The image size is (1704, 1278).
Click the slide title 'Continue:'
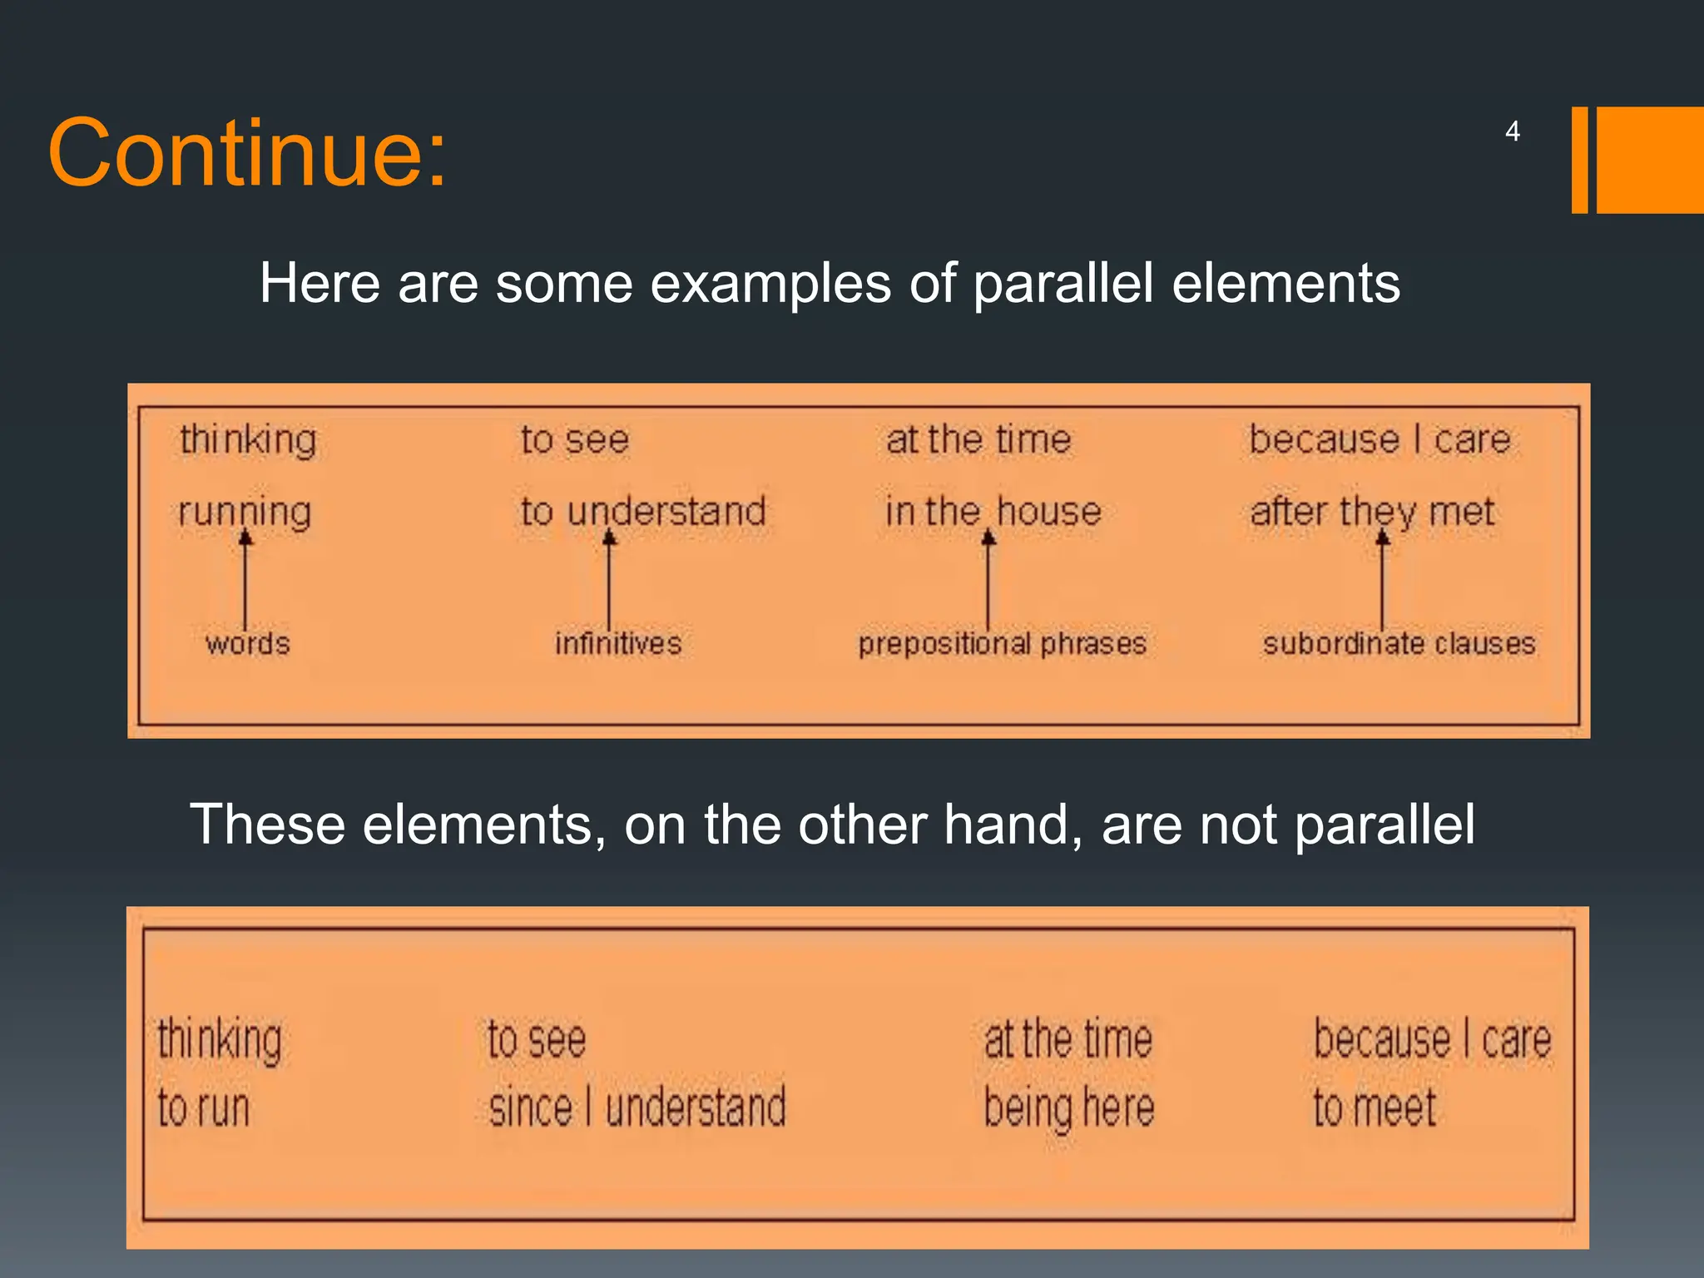pyautogui.click(x=247, y=154)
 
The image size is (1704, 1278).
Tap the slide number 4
pyautogui.click(x=1512, y=131)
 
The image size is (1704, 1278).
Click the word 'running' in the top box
pyautogui.click(x=245, y=511)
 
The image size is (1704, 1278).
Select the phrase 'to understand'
pyautogui.click(x=643, y=511)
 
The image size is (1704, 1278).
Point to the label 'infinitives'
pyautogui.click(x=618, y=643)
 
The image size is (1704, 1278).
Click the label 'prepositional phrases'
pyautogui.click(x=1002, y=643)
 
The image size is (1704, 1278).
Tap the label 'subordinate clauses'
pyautogui.click(x=1399, y=643)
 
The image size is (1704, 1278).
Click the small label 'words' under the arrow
pyautogui.click(x=247, y=643)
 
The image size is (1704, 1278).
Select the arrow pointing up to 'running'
pyautogui.click(x=245, y=581)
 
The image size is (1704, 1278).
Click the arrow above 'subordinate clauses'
pyautogui.click(x=1382, y=581)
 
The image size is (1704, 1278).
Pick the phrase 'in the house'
pyautogui.click(x=993, y=511)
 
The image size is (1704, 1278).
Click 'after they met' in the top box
pyautogui.click(x=1372, y=511)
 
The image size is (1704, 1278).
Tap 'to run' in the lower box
pyautogui.click(x=204, y=1108)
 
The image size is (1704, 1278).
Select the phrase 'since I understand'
pyautogui.click(x=637, y=1108)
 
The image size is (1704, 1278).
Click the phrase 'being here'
pyautogui.click(x=1069, y=1108)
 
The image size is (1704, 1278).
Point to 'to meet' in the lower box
pyautogui.click(x=1375, y=1108)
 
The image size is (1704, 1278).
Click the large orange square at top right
pyautogui.click(x=1649, y=160)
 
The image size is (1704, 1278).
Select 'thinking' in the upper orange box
pyautogui.click(x=248, y=438)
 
